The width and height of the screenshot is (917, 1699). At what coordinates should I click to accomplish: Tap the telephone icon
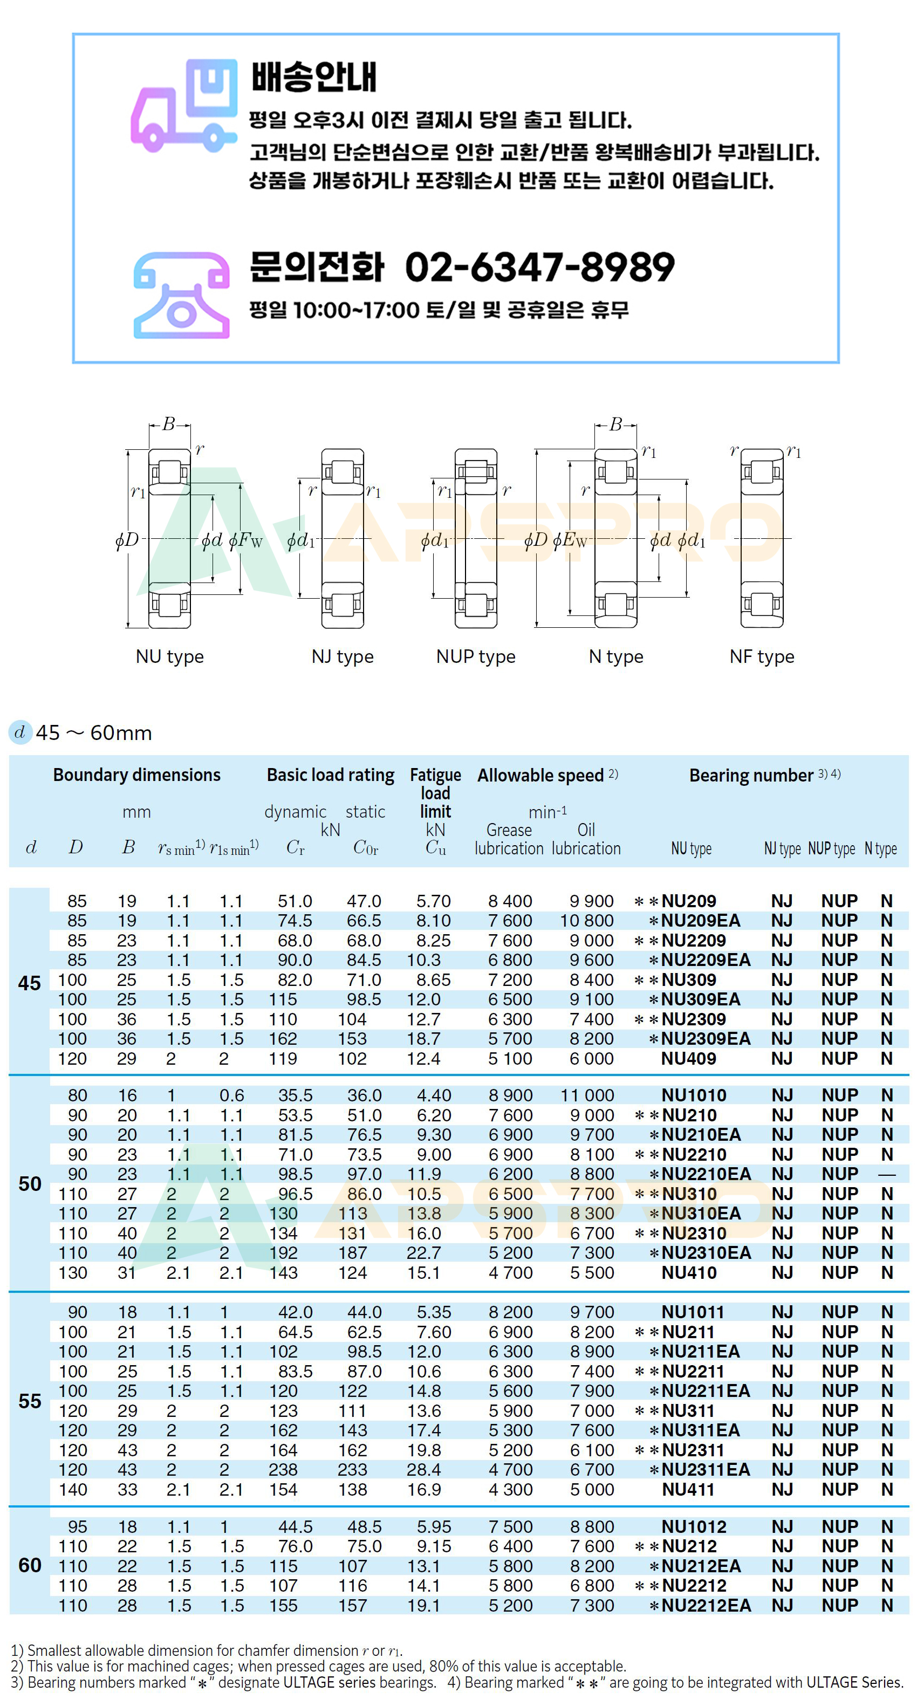click(181, 295)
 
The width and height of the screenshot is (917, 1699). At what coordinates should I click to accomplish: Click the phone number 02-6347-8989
click(539, 267)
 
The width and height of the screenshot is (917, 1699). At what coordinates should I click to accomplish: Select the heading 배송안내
click(313, 77)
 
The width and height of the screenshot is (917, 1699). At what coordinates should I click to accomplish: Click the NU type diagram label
click(169, 656)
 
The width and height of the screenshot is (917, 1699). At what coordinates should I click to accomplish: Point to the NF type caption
click(762, 656)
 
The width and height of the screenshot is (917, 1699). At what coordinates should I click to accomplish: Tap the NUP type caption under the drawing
click(476, 656)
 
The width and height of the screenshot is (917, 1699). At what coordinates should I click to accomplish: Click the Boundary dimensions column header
click(136, 775)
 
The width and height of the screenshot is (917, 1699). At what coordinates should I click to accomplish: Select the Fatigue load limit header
click(435, 793)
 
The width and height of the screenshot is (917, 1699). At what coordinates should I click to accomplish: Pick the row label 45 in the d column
click(30, 983)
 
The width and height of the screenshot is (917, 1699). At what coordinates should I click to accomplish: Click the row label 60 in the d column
click(30, 1565)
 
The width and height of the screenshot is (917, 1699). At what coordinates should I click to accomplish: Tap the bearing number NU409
click(689, 1059)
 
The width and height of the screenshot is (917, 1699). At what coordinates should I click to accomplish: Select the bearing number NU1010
click(694, 1095)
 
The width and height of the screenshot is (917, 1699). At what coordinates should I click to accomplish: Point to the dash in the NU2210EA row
click(887, 1175)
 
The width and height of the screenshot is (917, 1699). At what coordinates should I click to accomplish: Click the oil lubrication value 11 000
click(587, 1095)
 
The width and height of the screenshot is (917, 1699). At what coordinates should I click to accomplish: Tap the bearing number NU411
click(688, 1489)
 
